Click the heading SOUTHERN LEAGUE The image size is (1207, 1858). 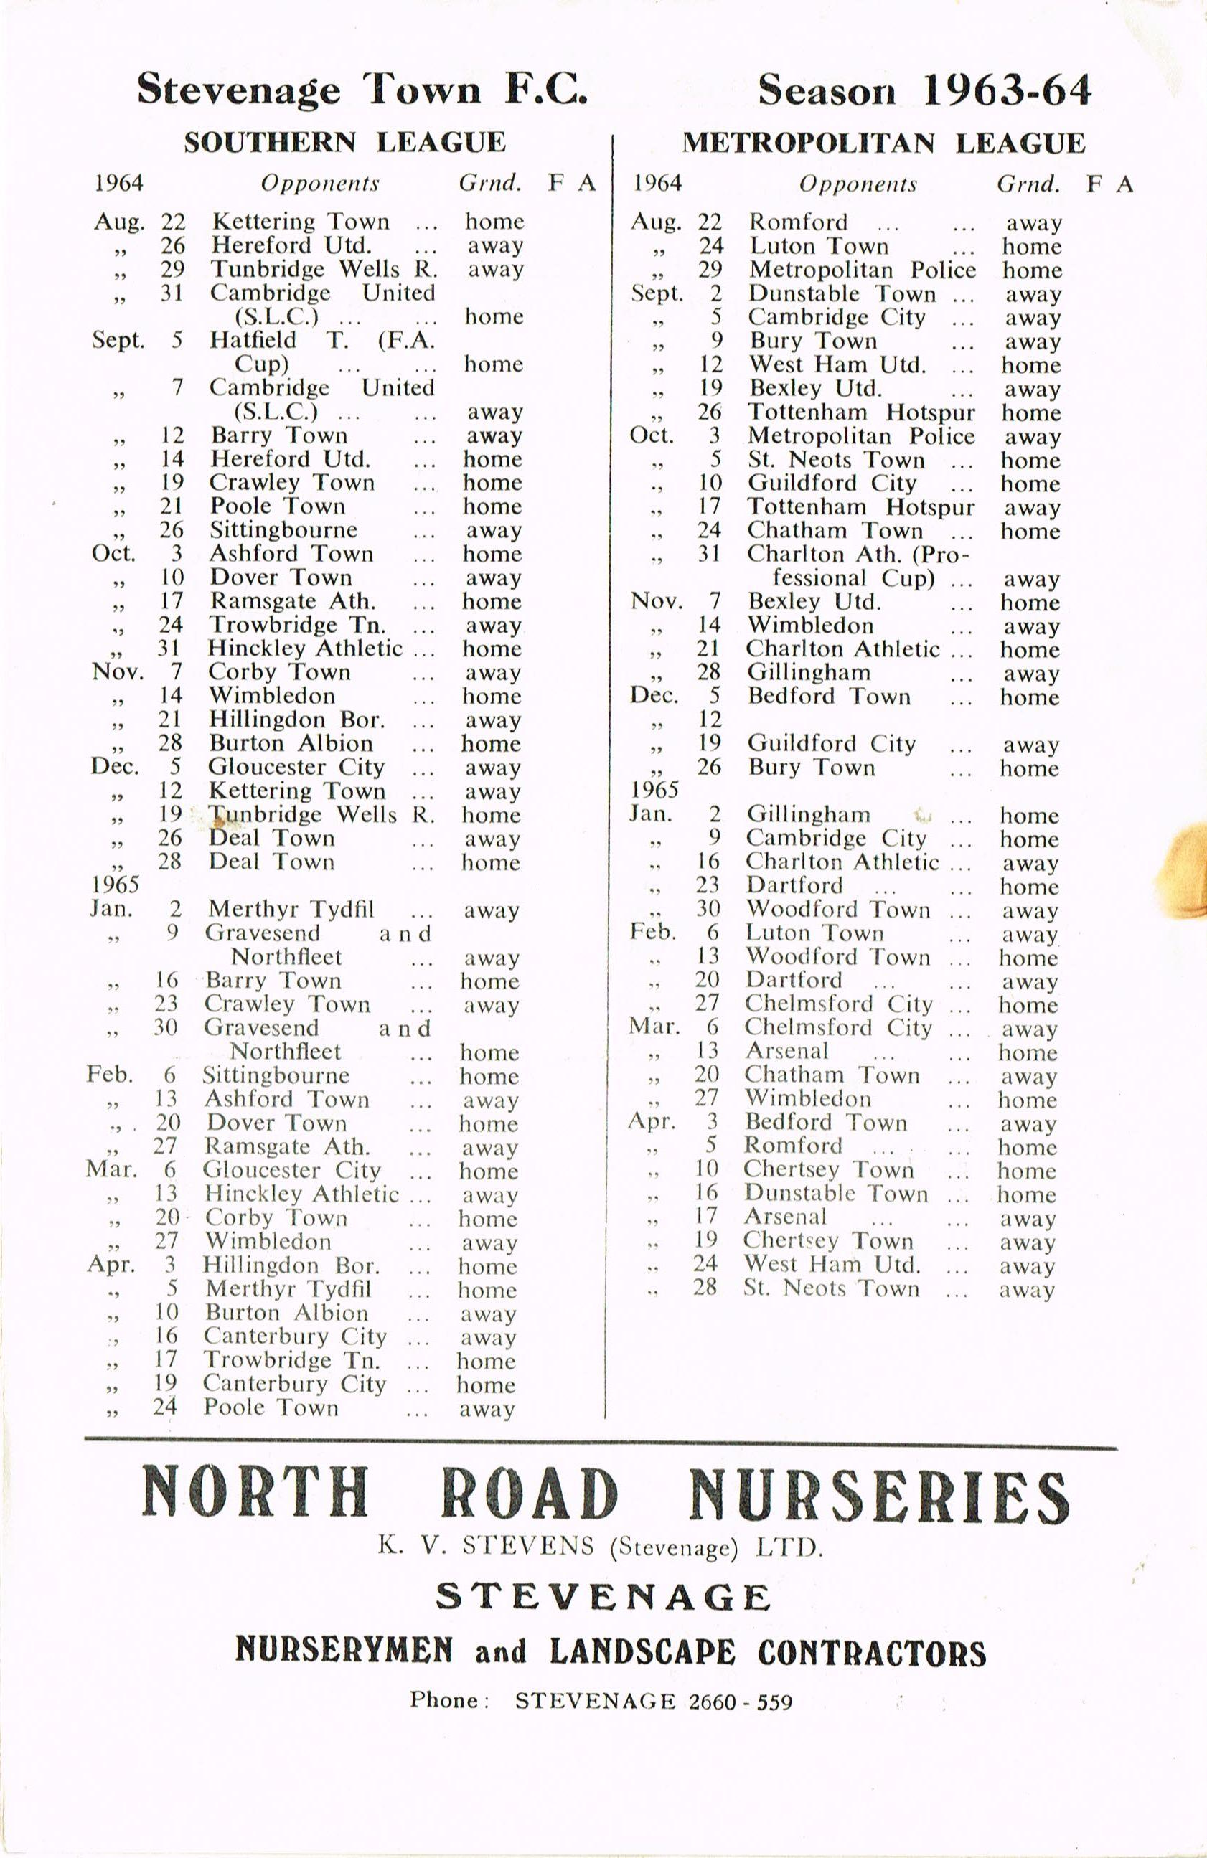[344, 142]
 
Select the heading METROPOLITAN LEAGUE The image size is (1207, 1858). [884, 143]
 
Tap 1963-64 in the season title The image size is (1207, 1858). [1006, 90]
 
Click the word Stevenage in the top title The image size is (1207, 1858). [238, 90]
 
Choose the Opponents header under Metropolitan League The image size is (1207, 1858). [858, 184]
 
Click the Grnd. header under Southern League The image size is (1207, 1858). [489, 184]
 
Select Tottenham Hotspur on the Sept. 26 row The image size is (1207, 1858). [861, 412]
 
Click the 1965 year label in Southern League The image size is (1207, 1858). [115, 885]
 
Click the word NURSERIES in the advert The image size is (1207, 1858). [879, 1494]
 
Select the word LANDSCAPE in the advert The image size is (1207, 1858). [642, 1652]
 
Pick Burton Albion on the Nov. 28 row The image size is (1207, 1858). [291, 743]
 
